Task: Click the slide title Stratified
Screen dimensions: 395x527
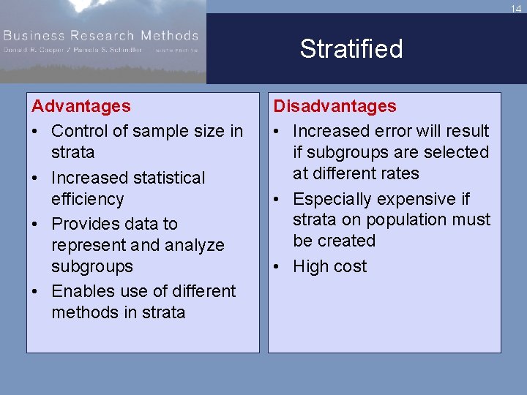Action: click(351, 49)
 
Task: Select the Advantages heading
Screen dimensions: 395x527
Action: click(81, 106)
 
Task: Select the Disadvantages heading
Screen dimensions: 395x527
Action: click(334, 106)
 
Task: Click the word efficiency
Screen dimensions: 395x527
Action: click(88, 199)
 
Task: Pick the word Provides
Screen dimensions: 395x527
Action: click(86, 224)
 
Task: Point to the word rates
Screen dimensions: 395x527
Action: click(399, 173)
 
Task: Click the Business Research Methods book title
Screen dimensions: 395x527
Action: click(100, 35)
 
